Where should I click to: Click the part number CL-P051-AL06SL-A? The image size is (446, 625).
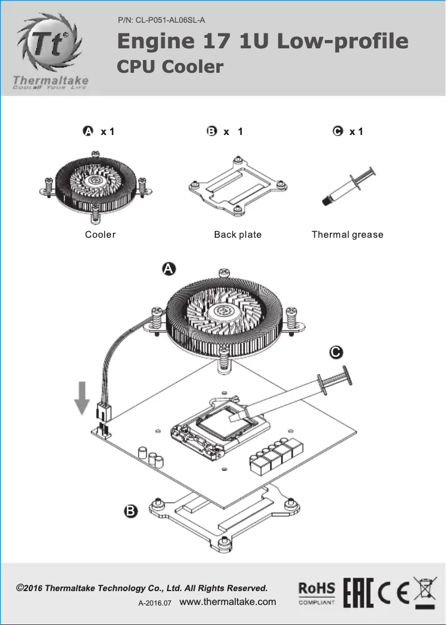162,21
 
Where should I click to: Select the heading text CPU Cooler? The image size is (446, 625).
170,67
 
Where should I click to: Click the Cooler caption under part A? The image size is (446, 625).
100,234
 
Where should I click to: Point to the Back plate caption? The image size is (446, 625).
237,234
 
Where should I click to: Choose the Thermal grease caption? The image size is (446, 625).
347,234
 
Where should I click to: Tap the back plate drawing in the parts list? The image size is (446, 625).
237,186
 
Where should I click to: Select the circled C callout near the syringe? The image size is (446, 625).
336,352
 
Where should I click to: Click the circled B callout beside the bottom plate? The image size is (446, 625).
130,511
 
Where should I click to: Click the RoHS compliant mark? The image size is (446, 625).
317,593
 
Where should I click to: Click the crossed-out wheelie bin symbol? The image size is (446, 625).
425,592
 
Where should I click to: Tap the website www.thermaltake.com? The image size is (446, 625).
228,602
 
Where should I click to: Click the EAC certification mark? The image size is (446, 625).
358,593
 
